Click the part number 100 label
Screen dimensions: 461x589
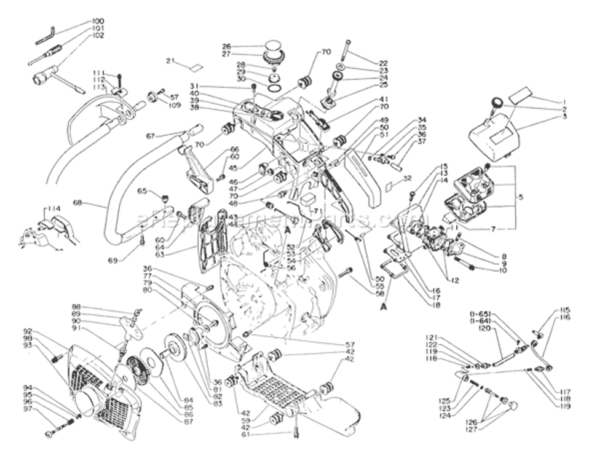point(98,21)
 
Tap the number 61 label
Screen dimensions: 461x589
point(247,435)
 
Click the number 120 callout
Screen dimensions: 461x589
point(483,329)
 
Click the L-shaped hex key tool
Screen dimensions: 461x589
point(45,35)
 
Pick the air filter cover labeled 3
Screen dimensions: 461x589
point(494,130)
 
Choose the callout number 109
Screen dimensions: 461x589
point(174,105)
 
